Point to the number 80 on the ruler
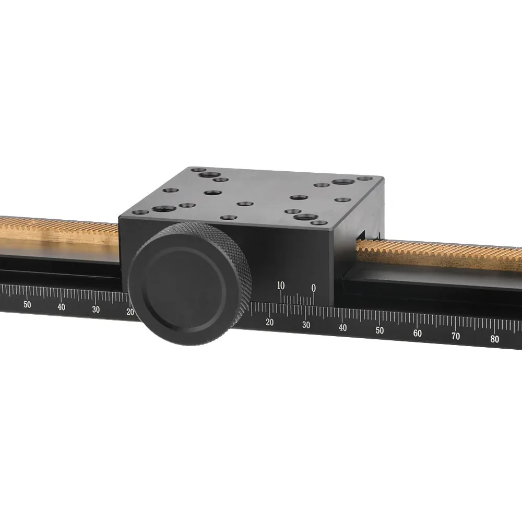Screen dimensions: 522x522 pyautogui.click(x=494, y=339)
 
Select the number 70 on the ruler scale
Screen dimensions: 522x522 pyautogui.click(x=455, y=336)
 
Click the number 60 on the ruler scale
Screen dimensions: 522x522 pyautogui.click(x=417, y=333)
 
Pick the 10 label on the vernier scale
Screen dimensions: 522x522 pyautogui.click(x=281, y=286)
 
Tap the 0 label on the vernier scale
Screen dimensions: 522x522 pyautogui.click(x=313, y=288)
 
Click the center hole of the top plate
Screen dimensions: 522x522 pyautogui.click(x=244, y=203)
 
